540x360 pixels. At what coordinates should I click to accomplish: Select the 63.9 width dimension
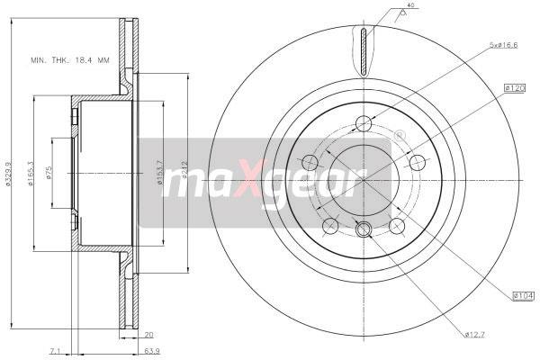(154, 351)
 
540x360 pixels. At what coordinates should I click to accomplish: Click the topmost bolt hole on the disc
(364, 124)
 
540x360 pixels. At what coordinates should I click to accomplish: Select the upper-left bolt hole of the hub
(310, 163)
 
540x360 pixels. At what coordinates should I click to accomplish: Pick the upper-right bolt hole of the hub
(418, 163)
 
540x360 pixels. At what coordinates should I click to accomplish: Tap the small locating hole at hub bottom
(364, 230)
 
